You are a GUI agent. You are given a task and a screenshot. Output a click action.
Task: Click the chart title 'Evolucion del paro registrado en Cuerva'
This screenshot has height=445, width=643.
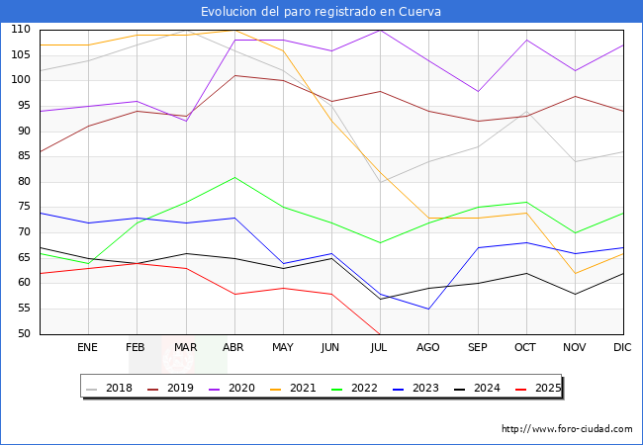(x=321, y=12)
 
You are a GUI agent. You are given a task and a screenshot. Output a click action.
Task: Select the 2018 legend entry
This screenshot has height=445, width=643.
(x=110, y=388)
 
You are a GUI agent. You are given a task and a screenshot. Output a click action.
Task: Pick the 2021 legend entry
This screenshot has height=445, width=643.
(x=293, y=388)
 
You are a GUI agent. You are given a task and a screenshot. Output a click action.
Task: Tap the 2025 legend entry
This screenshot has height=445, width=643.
(x=538, y=388)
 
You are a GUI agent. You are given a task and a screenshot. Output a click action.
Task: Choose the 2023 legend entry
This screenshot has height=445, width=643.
(x=415, y=388)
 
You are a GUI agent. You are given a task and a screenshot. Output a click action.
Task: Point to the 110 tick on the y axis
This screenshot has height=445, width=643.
(x=21, y=29)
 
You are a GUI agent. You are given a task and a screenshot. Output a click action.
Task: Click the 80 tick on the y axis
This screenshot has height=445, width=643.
(x=24, y=182)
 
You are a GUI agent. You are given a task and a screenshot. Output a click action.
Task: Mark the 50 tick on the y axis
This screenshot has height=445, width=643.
(x=24, y=333)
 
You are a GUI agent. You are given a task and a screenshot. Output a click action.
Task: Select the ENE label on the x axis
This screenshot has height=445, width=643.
(x=87, y=347)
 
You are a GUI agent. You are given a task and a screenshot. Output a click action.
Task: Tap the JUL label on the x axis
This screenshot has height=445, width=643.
(x=379, y=347)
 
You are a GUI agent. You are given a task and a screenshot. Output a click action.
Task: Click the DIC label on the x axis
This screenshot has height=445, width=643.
(x=622, y=347)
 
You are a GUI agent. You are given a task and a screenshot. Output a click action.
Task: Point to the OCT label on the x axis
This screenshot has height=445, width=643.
(x=525, y=347)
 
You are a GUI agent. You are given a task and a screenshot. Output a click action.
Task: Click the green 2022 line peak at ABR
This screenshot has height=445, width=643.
(x=234, y=177)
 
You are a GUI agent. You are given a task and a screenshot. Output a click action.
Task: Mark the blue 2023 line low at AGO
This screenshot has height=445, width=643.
(x=428, y=309)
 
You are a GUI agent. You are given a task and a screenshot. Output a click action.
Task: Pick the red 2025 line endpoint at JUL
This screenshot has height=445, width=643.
(x=380, y=334)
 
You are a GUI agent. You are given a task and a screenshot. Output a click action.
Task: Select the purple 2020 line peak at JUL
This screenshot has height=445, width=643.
(x=381, y=30)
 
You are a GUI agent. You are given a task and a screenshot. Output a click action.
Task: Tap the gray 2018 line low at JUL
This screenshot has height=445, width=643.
(x=381, y=182)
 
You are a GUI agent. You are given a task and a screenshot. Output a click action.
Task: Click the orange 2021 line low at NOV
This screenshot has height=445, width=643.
(x=575, y=273)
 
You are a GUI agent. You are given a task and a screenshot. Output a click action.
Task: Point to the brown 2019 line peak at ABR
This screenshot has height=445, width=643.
(x=234, y=75)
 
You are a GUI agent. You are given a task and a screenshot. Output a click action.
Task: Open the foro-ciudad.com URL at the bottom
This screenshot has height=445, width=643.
(x=567, y=429)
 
